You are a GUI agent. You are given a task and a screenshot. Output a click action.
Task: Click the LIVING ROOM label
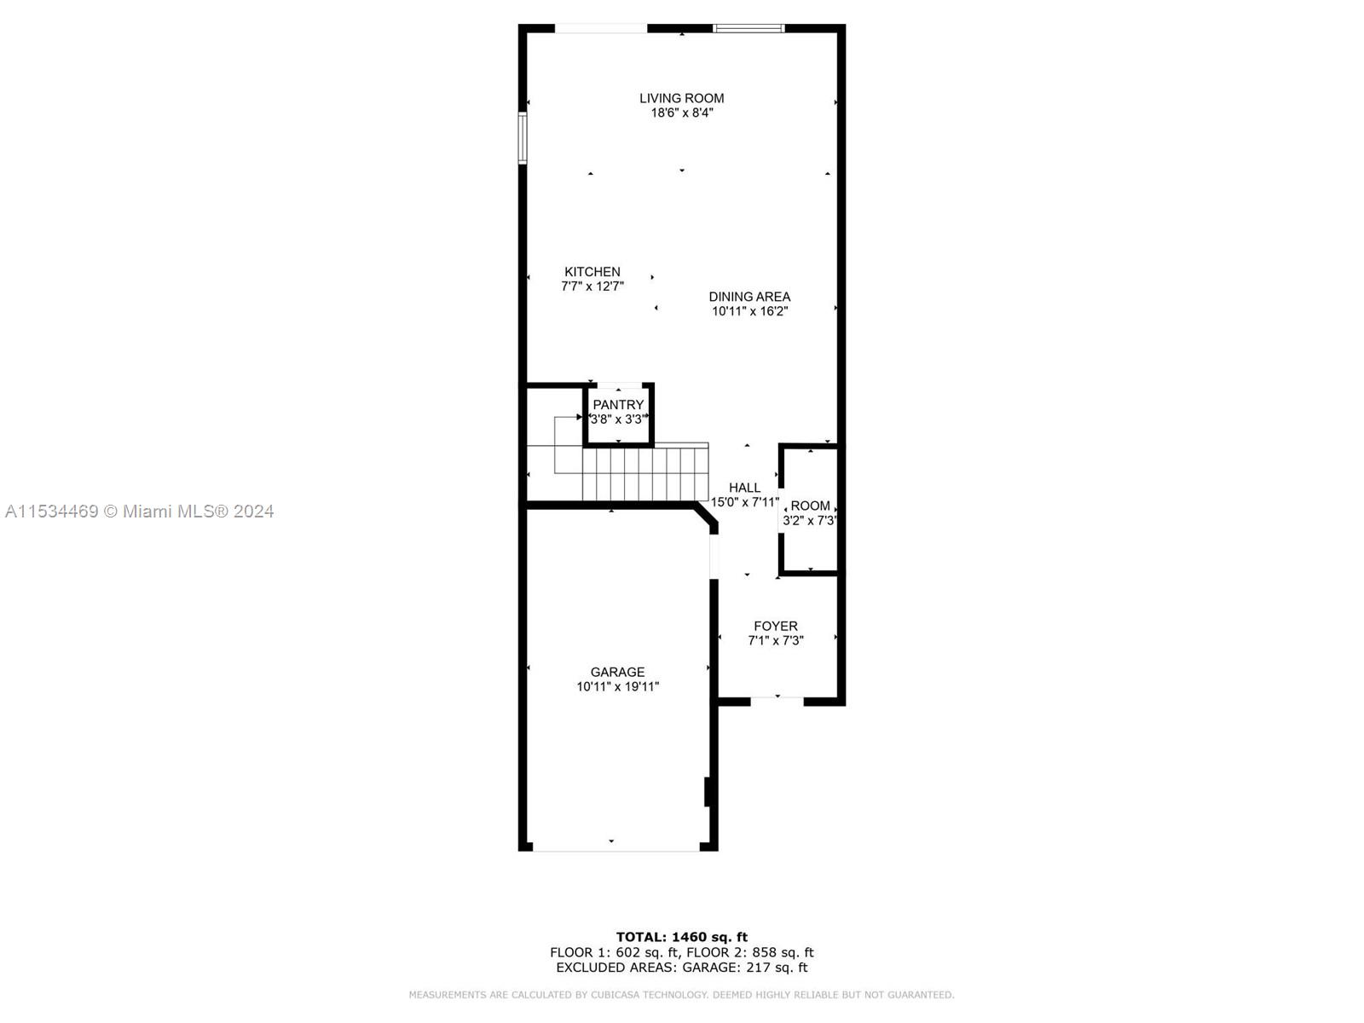pos(681,98)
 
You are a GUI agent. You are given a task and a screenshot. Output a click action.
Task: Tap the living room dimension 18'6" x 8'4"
pos(681,113)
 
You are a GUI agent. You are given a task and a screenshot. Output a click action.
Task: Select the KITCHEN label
pos(592,272)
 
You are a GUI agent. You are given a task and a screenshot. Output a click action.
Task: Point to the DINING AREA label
pos(749,297)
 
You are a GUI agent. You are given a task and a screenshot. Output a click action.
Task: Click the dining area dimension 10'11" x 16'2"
pos(749,311)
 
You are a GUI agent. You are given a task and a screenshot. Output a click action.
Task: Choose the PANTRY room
pos(619,413)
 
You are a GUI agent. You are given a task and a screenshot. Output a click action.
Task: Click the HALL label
pos(744,488)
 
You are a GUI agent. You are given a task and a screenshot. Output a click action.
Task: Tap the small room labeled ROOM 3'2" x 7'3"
pos(810,511)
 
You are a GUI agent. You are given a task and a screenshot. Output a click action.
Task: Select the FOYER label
pos(776,626)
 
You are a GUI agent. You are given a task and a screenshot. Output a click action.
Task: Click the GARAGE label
pos(617,672)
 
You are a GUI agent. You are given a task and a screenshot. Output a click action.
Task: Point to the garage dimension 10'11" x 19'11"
pos(617,686)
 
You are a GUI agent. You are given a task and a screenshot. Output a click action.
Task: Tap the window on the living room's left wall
pos(523,137)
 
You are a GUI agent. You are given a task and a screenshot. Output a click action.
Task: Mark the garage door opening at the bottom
pos(616,848)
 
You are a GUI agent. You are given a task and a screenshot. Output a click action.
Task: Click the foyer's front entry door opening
pos(777,701)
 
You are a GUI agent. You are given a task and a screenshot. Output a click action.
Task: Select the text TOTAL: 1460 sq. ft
pos(681,937)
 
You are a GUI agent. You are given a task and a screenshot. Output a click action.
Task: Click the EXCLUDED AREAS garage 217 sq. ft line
pos(681,968)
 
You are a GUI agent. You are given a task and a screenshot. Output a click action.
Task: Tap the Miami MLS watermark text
pos(139,511)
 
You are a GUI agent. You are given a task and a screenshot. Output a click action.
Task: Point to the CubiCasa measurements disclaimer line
pos(681,995)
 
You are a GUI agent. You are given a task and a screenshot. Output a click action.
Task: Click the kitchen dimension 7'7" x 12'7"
pos(592,286)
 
